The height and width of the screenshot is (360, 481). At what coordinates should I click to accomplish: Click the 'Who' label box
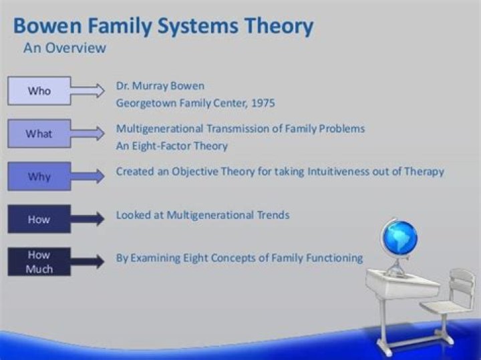point(39,91)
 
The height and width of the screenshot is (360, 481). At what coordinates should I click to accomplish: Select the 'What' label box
point(39,134)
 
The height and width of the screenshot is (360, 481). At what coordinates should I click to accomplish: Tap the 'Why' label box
point(39,176)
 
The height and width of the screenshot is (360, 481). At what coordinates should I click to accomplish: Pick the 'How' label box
point(39,218)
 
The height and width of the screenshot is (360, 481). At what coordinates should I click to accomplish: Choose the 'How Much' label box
point(39,261)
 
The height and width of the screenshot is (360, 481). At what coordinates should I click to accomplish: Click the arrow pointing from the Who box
point(88,91)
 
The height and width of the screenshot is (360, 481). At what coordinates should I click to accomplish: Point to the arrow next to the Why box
point(88,176)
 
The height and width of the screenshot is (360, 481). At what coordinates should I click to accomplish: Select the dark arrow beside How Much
point(88,261)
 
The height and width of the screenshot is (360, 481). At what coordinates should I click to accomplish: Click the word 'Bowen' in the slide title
point(47,26)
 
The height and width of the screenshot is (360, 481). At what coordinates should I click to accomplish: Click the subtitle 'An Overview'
point(64,48)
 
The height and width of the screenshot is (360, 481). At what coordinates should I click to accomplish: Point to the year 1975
point(261,103)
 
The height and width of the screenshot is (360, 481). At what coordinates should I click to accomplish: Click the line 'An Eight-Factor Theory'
point(172,146)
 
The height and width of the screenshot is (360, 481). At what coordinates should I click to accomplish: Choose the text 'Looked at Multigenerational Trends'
point(203,215)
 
